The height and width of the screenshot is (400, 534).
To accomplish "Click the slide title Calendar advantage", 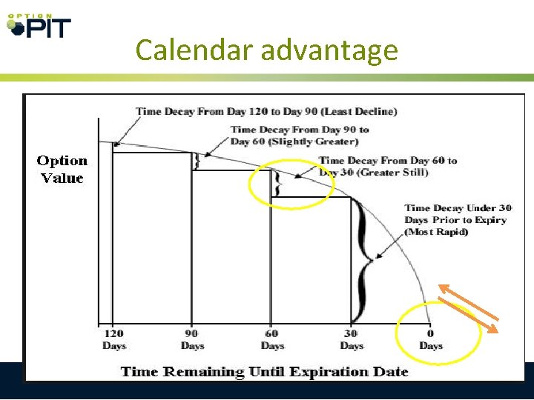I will tap(267, 50).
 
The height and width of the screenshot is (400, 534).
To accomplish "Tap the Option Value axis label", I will tap(62, 169).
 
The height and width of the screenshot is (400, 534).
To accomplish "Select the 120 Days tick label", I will tap(113, 339).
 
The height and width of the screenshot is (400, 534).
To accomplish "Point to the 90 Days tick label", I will tap(192, 339).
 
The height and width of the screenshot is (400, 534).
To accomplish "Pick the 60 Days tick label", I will tap(271, 339).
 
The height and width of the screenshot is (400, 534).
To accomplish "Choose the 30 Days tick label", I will tap(351, 339).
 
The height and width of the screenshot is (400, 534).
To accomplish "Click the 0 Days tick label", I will tap(430, 339).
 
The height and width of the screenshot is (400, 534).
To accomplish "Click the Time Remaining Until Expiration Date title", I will tap(264, 371).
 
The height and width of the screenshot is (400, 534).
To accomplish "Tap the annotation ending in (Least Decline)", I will tap(266, 111).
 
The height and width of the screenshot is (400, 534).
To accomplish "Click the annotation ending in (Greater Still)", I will tap(388, 166).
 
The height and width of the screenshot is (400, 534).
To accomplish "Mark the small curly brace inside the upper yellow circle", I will tap(277, 183).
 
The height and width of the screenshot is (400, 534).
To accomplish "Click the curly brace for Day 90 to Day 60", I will tap(197, 161).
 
